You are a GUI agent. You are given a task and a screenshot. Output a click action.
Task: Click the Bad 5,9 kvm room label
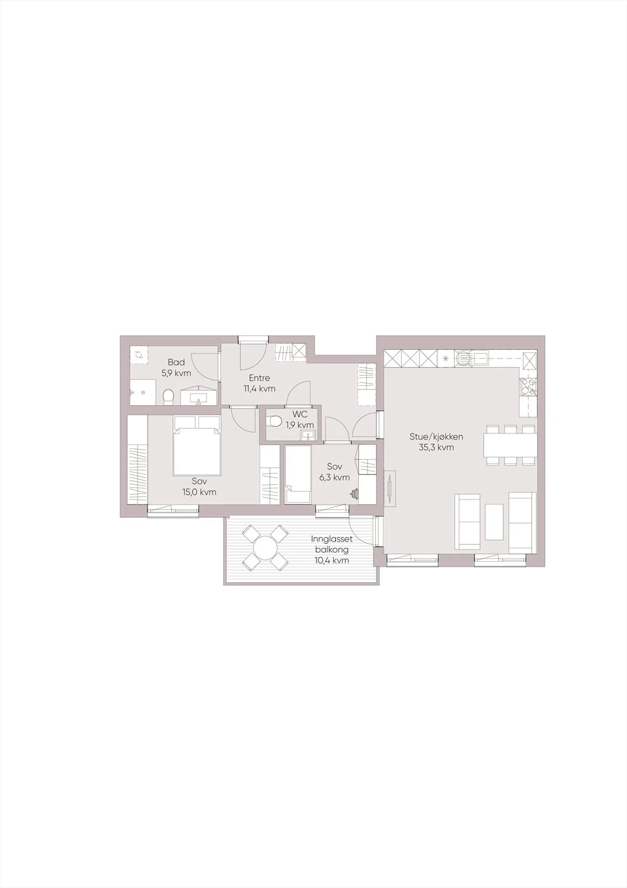(x=176, y=367)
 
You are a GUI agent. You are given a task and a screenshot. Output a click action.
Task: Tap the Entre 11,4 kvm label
(x=259, y=384)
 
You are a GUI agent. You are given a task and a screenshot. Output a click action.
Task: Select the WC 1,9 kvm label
(x=300, y=420)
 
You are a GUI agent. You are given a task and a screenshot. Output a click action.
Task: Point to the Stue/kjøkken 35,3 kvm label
(x=436, y=442)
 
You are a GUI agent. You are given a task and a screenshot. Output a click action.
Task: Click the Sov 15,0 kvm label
(x=200, y=487)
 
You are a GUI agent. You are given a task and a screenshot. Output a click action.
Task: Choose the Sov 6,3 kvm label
(x=335, y=472)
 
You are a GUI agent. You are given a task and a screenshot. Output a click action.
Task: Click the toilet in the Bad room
(x=169, y=397)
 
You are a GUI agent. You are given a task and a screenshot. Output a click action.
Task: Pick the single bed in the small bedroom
(x=298, y=474)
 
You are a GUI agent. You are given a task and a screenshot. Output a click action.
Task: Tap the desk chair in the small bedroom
(x=354, y=493)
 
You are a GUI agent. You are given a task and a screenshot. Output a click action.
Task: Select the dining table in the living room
(x=510, y=445)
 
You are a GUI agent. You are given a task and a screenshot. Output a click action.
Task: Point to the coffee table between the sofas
(x=494, y=521)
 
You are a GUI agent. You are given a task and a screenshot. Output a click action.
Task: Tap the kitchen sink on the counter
(x=473, y=359)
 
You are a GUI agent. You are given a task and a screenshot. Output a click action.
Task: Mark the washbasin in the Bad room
(x=198, y=396)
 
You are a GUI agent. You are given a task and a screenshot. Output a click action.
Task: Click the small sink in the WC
(x=308, y=436)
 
